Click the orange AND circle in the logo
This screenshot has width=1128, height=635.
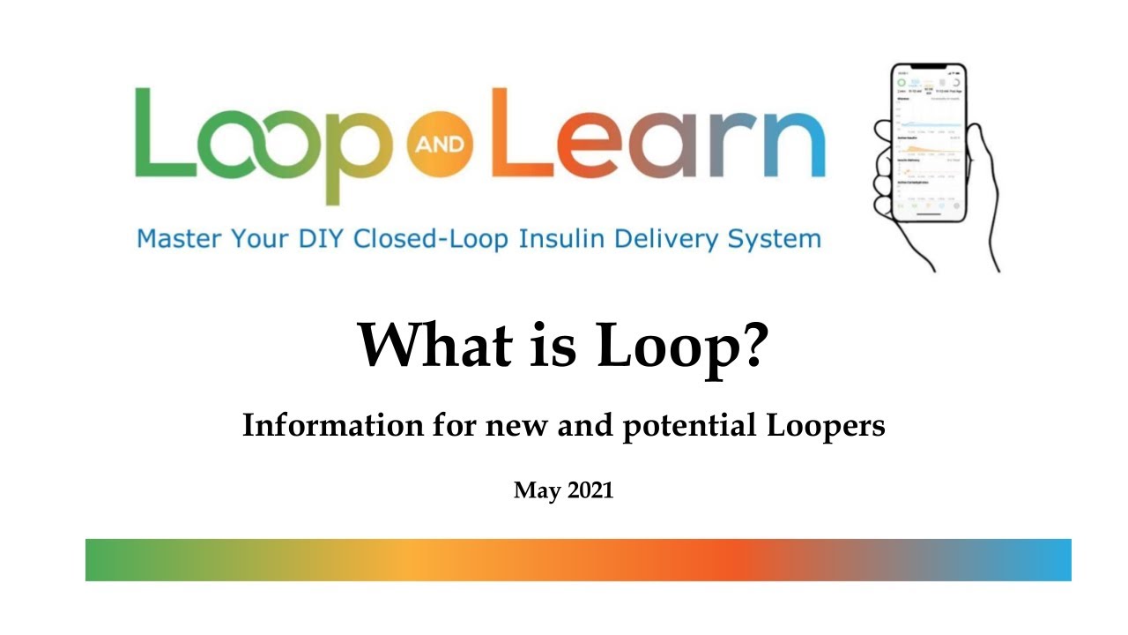coord(442,144)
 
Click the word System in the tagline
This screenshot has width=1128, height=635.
coord(775,239)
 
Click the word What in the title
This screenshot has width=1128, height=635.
coord(433,345)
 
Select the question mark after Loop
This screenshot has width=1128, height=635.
coord(749,345)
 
